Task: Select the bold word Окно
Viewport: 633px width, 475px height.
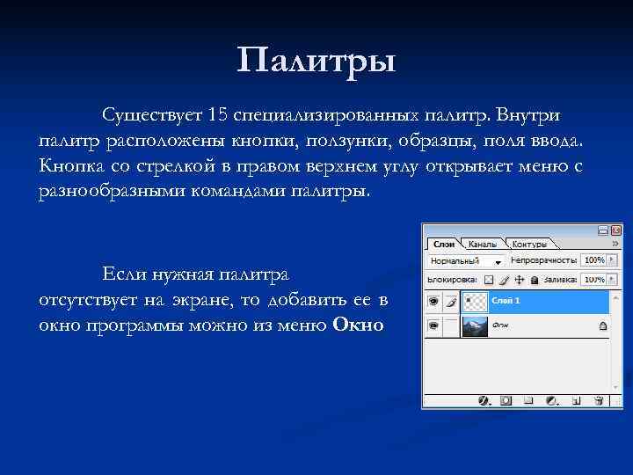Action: click(x=359, y=325)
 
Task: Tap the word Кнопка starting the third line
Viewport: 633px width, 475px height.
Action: click(x=71, y=165)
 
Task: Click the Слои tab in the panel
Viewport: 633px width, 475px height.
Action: click(x=444, y=244)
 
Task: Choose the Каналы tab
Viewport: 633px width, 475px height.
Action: click(x=482, y=244)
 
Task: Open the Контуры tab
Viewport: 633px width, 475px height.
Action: click(x=529, y=244)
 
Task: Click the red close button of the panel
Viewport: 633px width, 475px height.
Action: click(x=615, y=229)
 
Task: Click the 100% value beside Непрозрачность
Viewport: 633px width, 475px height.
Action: click(x=594, y=261)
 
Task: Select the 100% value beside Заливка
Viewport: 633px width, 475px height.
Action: click(x=594, y=279)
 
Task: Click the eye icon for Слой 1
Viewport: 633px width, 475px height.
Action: click(x=433, y=301)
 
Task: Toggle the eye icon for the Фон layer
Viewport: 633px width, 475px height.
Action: click(x=433, y=325)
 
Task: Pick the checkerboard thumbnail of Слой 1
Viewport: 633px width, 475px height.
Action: click(x=475, y=301)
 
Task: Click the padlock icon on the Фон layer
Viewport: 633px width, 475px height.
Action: click(x=602, y=325)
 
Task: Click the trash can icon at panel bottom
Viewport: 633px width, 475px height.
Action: click(x=598, y=400)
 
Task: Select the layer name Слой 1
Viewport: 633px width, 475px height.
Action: click(x=506, y=301)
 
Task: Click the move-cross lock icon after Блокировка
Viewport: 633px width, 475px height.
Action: click(x=519, y=279)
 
